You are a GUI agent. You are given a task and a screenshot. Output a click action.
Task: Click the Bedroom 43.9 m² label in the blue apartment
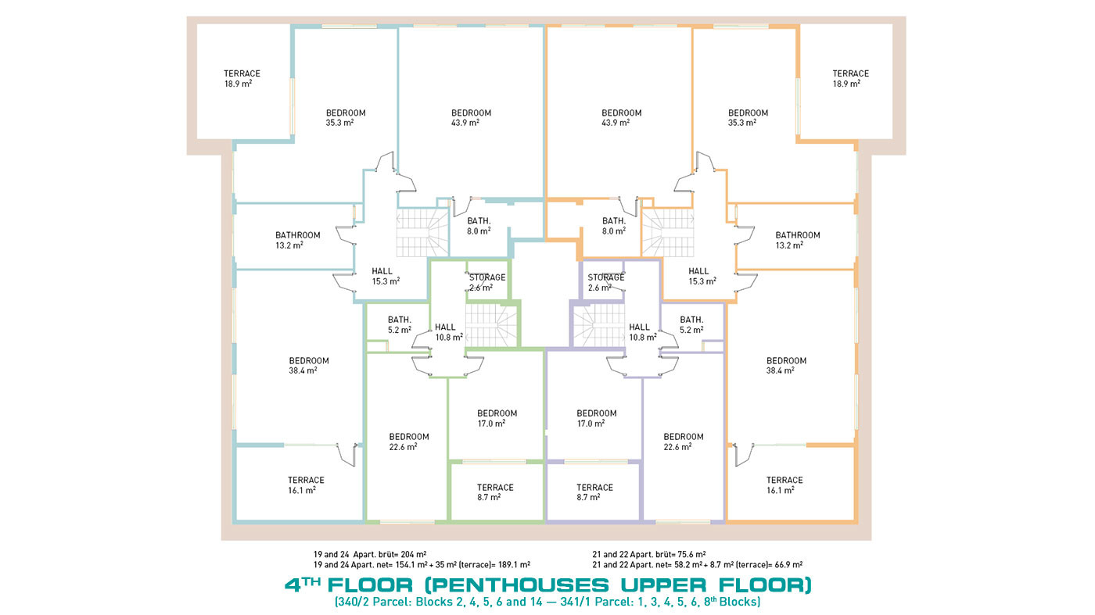[x=471, y=118]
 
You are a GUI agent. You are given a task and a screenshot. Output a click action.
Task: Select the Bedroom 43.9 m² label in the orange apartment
[x=621, y=118]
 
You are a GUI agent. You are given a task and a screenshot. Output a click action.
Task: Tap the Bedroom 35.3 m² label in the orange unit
[x=748, y=118]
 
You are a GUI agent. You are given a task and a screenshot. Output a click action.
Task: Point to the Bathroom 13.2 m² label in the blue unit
[x=298, y=240]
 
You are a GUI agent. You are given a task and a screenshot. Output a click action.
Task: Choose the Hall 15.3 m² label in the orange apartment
[x=702, y=276]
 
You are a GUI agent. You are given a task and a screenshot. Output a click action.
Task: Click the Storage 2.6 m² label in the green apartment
[x=486, y=282]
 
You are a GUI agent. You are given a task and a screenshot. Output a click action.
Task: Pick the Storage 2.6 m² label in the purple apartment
[x=605, y=282]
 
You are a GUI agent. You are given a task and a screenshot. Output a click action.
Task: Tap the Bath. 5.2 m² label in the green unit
[x=400, y=325]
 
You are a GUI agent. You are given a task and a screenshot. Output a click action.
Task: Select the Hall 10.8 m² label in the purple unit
[x=642, y=332]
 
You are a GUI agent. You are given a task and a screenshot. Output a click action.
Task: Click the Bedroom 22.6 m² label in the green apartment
[x=408, y=442]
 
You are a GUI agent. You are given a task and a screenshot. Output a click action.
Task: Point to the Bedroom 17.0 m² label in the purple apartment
[x=596, y=418]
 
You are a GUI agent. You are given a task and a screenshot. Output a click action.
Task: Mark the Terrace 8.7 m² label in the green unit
[x=494, y=492]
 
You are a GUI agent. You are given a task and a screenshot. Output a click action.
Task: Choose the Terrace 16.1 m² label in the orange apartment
[x=784, y=485]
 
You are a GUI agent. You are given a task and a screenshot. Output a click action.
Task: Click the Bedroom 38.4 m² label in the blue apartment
[x=308, y=366]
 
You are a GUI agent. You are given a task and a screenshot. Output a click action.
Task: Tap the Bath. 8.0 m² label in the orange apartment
[x=613, y=226]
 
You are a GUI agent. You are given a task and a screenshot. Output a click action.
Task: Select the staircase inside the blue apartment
[x=422, y=233]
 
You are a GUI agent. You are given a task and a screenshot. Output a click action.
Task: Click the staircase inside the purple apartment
[x=599, y=325]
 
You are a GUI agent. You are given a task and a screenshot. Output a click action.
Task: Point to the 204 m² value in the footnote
[x=414, y=554]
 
